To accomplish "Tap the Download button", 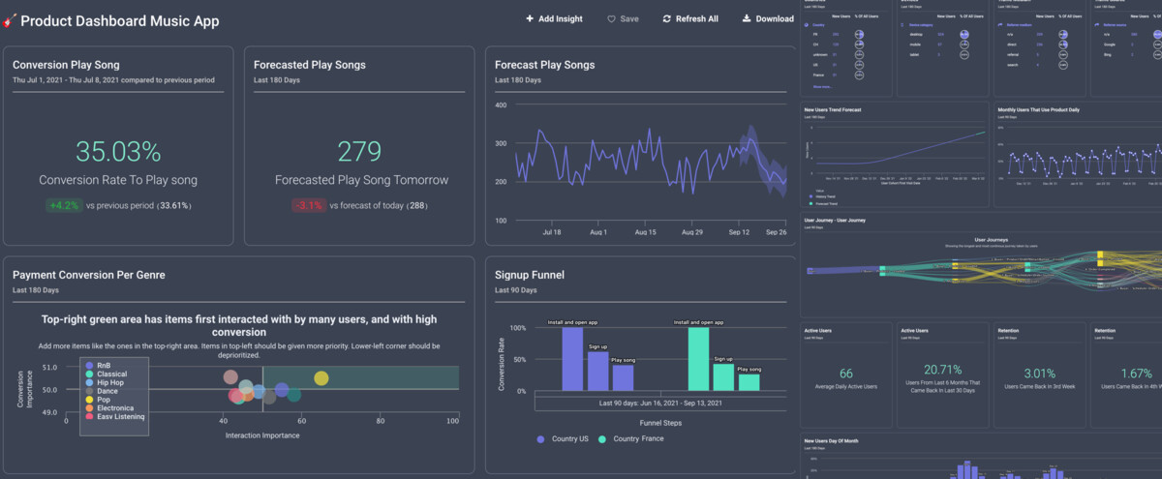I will click(767, 19).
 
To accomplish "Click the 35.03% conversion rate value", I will click(118, 152).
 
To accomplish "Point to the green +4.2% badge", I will click(63, 206).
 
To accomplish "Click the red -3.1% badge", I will click(308, 206).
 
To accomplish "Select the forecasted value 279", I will click(359, 152).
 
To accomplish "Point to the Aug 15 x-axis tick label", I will click(644, 233).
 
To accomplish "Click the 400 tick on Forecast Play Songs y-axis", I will click(501, 105).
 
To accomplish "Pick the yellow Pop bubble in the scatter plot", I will click(321, 378).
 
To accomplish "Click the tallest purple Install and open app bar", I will click(572, 358).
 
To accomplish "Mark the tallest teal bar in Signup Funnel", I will click(698, 358).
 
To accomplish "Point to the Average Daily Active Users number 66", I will click(845, 374).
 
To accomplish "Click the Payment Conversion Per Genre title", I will click(89, 275).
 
